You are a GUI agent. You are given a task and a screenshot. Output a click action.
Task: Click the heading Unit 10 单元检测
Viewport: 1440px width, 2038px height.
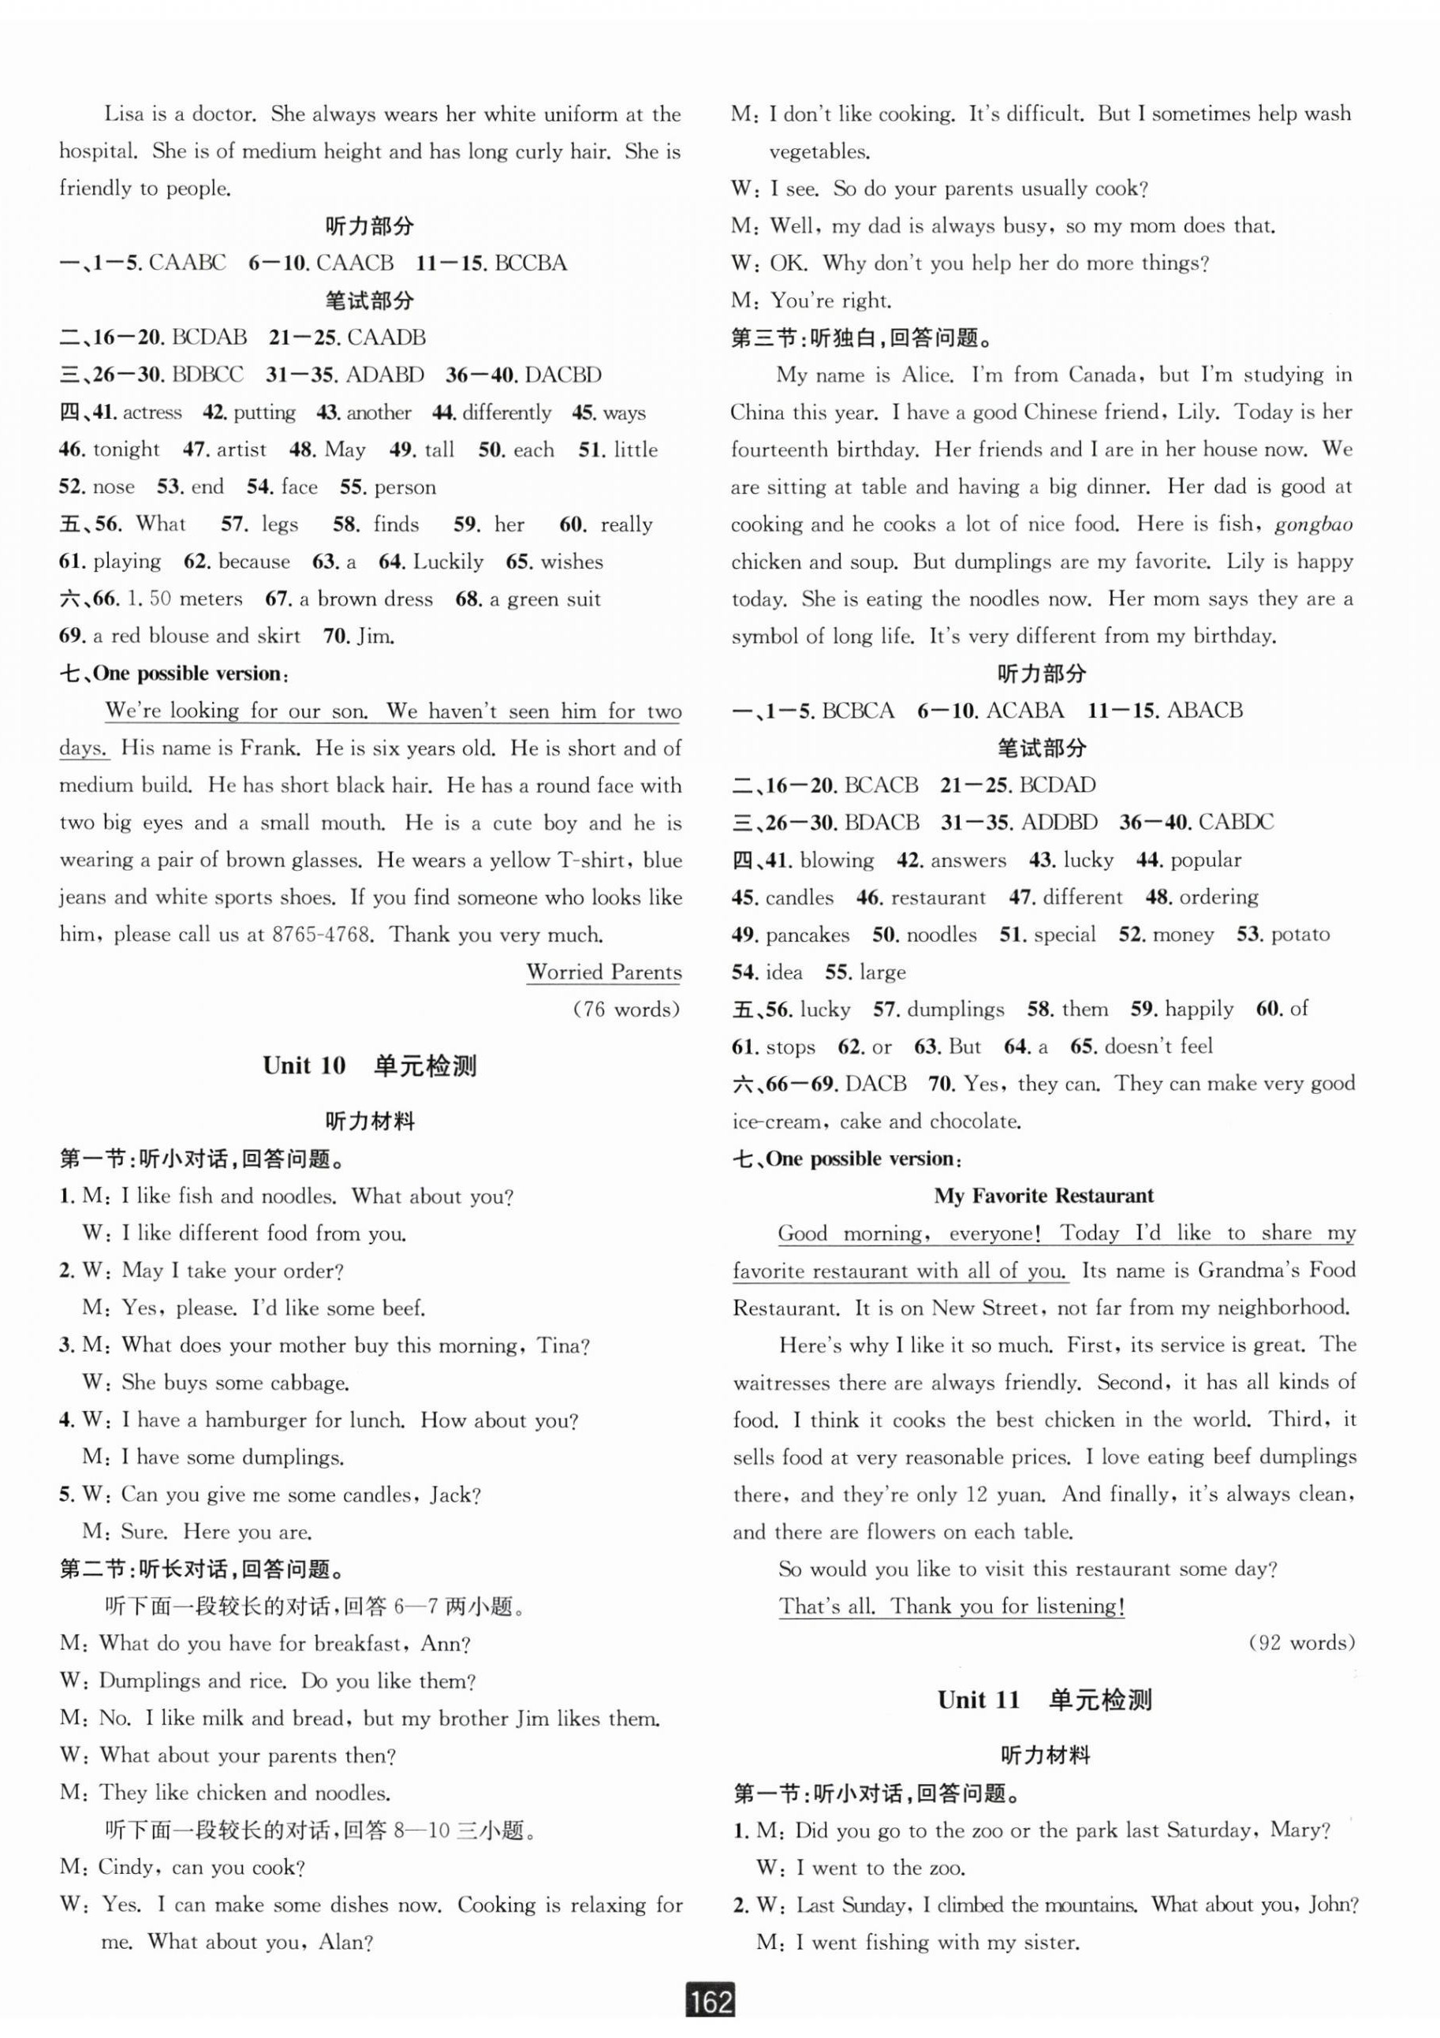369,1066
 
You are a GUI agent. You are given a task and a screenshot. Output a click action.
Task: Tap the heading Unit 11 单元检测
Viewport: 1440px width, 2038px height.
1044,1700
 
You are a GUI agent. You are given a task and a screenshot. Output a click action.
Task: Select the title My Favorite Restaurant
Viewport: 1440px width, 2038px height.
1043,1196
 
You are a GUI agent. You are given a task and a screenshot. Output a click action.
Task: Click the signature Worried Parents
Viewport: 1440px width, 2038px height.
604,972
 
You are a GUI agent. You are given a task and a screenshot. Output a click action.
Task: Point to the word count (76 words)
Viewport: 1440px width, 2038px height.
627,1010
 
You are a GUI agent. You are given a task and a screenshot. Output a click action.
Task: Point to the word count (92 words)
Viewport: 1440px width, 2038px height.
1301,1643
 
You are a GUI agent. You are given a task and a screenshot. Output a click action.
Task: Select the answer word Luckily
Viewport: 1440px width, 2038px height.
449,562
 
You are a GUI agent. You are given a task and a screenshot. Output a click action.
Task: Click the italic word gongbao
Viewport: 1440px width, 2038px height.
1313,524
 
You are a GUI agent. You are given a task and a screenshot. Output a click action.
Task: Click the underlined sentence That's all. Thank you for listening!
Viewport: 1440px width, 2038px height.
952,1606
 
